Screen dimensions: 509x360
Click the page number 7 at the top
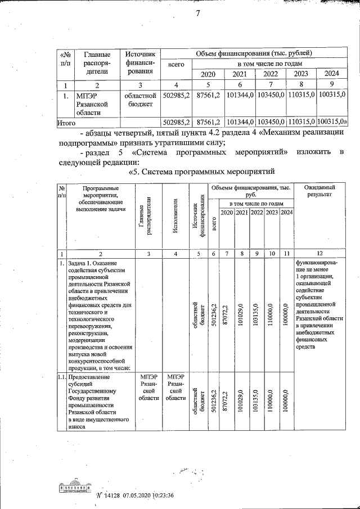tap(198, 13)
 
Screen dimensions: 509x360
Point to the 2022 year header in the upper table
tap(271, 74)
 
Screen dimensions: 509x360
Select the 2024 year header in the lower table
tap(287, 212)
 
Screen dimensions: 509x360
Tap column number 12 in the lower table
tap(319, 254)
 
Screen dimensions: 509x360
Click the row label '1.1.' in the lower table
tap(62, 377)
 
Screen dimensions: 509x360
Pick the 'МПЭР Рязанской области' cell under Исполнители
tap(176, 388)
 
